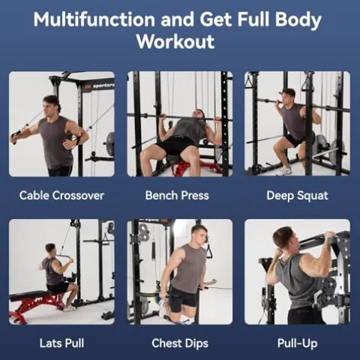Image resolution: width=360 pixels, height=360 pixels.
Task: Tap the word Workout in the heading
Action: (179, 42)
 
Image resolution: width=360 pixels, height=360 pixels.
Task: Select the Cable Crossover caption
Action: (61, 196)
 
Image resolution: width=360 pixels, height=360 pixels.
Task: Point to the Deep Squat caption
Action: (297, 196)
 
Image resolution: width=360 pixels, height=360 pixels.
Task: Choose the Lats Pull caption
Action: (61, 343)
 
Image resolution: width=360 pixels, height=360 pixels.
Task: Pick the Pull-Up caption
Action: (297, 343)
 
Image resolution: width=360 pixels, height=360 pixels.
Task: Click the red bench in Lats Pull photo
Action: (34, 300)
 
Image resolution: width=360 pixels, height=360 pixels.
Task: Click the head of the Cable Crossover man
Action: (51, 103)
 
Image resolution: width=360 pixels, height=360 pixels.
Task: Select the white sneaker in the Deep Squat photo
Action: (286, 170)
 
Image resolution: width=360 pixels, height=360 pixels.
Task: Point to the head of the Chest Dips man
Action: (198, 233)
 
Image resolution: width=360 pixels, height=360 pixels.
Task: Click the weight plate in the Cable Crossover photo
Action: (109, 142)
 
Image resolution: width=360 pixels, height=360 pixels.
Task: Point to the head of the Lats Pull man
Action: (50, 249)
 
